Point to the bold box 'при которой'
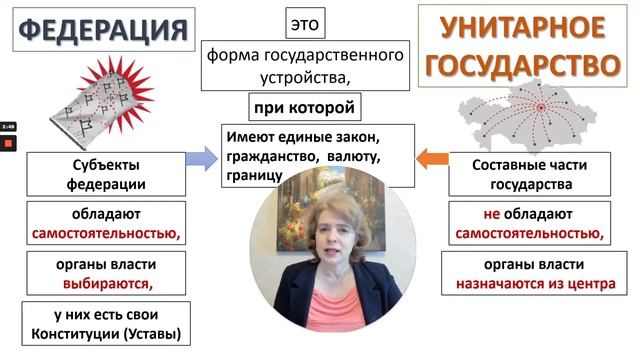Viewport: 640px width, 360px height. point(304,106)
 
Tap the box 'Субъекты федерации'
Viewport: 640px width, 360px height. point(105,174)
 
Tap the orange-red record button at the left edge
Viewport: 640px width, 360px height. point(7,143)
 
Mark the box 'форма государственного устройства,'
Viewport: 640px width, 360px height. point(305,63)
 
